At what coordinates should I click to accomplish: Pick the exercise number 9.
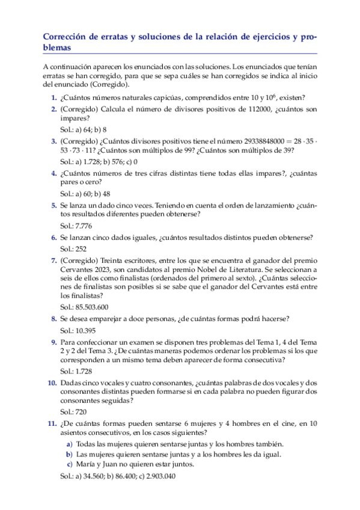pos(53,342)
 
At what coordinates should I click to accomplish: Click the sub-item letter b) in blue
pos(69,454)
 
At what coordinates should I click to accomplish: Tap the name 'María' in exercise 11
pos(88,464)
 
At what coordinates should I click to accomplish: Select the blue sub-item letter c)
pos(69,464)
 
